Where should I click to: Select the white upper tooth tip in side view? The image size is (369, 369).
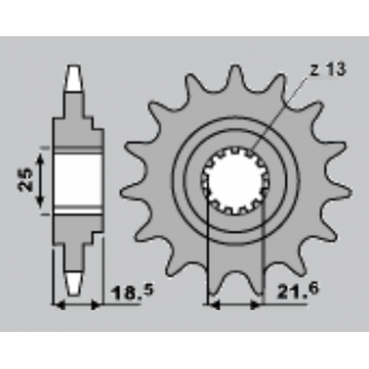click(75, 78)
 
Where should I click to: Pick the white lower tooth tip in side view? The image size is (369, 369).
click(75, 280)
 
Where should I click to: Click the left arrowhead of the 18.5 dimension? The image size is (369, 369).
click(57, 305)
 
